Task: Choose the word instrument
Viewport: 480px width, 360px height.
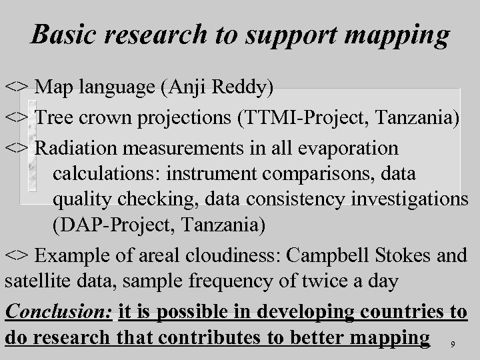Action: (211, 174)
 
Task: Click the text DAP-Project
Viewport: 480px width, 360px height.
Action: (104, 226)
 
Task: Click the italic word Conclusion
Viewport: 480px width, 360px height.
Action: (58, 312)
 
